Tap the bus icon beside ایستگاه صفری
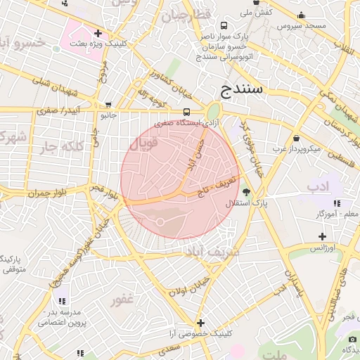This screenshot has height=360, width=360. (186, 112)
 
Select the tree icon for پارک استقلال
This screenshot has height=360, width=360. (245, 191)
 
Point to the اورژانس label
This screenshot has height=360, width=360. (323, 248)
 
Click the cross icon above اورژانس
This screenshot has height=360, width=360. (322, 236)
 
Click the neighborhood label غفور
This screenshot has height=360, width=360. (122, 300)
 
